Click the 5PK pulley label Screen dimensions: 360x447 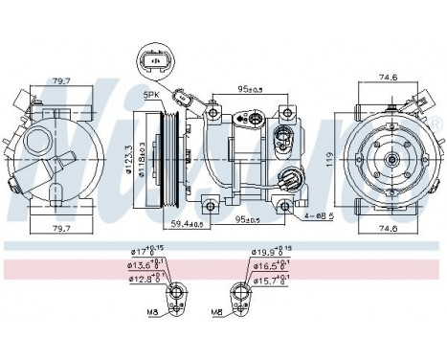[150, 96]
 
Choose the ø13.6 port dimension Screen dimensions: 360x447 [145, 265]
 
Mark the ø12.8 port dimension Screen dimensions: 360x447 [145, 279]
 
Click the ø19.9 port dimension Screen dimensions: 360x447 [267, 252]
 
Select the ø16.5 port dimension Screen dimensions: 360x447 [267, 265]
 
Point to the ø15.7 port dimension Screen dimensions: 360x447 [267, 279]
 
